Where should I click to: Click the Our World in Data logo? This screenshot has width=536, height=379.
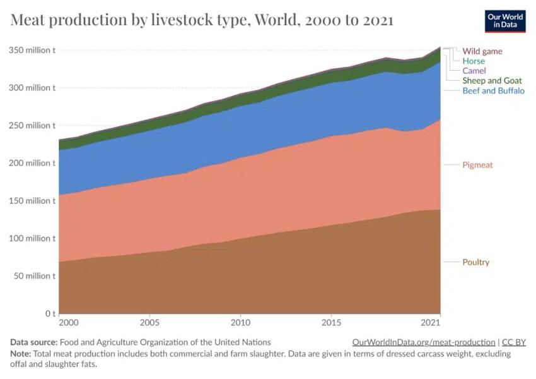(505, 21)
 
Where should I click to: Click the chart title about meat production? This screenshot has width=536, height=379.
(202, 20)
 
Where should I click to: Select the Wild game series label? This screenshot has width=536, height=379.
(482, 51)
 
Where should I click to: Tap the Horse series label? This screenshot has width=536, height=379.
(474, 61)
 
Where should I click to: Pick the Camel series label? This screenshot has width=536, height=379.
(474, 71)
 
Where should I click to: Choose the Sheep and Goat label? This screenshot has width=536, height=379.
(492, 81)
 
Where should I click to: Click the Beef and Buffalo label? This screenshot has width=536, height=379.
(494, 90)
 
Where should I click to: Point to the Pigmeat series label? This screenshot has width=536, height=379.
(477, 165)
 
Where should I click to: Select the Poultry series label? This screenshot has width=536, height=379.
(476, 262)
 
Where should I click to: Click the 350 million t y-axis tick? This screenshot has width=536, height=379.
(32, 50)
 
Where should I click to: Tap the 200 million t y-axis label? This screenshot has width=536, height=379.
(32, 163)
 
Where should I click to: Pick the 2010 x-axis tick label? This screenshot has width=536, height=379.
(240, 323)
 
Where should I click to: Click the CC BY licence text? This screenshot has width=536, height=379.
(514, 342)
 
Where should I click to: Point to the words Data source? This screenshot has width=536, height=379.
(33, 342)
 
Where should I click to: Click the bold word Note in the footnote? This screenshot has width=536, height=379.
(20, 354)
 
